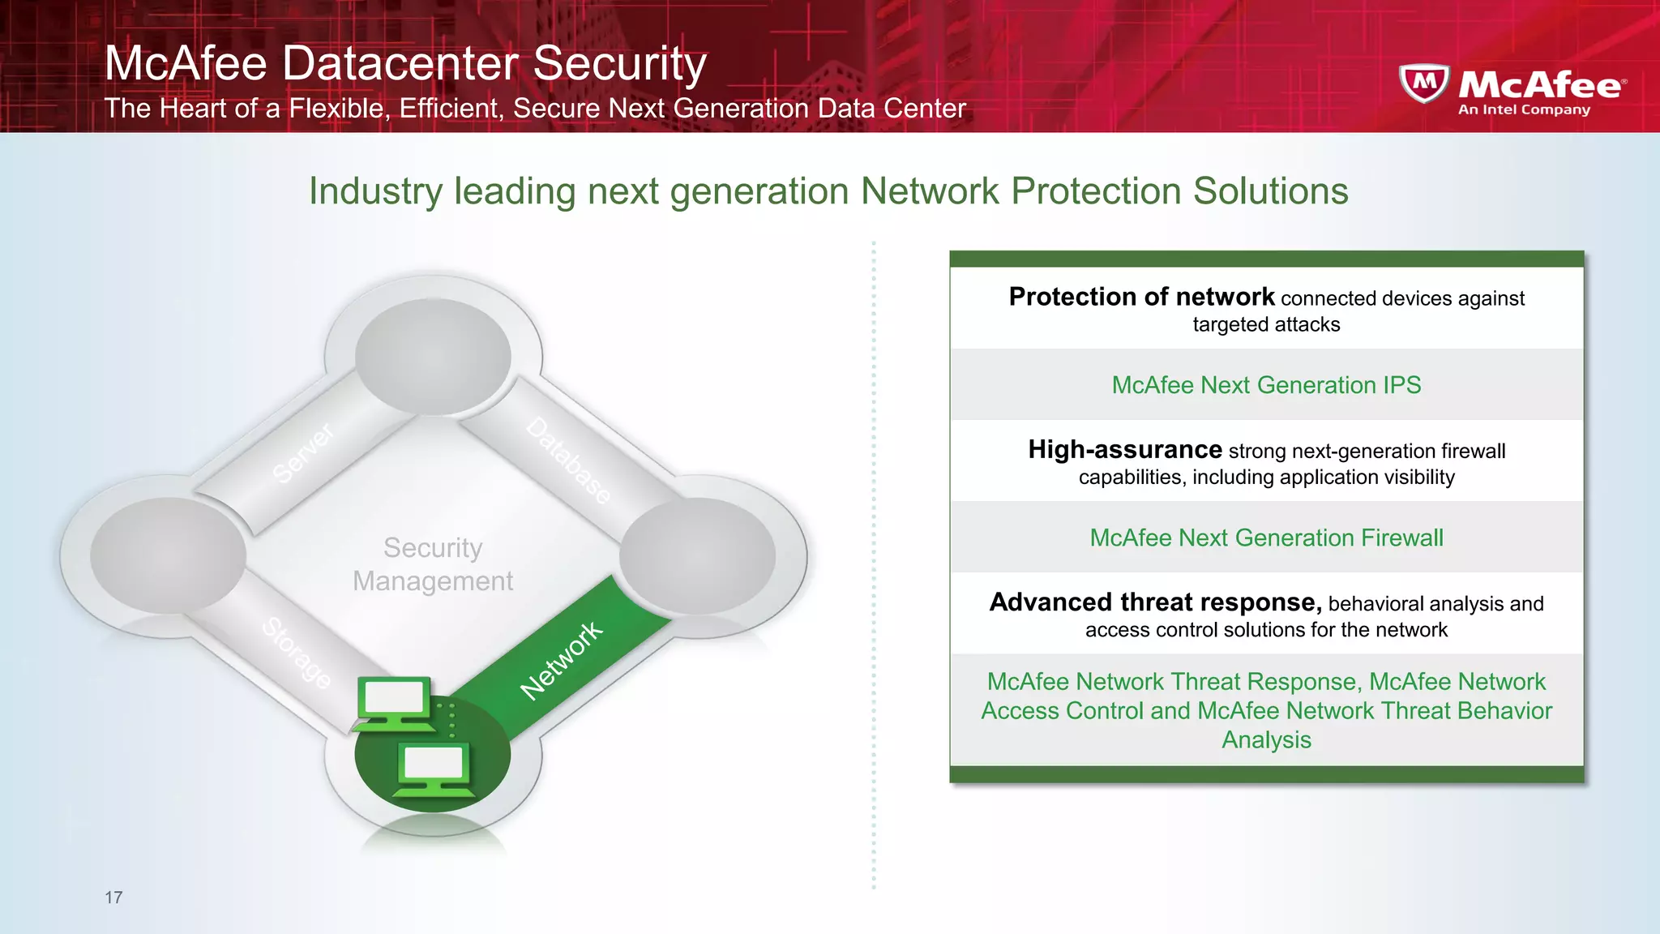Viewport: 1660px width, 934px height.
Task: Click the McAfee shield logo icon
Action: (1424, 84)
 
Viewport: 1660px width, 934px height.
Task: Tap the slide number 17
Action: (113, 898)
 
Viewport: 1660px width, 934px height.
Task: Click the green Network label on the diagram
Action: (561, 660)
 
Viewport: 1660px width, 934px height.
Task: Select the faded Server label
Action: (303, 454)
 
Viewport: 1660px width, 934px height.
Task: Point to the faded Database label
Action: (569, 461)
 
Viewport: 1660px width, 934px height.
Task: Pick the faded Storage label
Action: (297, 653)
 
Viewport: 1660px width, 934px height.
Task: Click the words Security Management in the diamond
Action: (433, 564)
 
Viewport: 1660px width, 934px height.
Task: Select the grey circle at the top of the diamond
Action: (433, 357)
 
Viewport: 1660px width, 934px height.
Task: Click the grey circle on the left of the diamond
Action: (168, 555)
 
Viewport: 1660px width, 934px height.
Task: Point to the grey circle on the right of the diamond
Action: (697, 555)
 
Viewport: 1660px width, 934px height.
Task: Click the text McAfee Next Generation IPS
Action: (1266, 385)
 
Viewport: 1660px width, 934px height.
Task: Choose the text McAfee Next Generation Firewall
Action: (1266, 538)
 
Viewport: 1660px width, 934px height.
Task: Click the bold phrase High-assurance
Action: (1125, 449)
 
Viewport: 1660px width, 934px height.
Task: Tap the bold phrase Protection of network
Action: (1141, 297)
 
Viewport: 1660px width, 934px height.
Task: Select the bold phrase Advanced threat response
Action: (1155, 602)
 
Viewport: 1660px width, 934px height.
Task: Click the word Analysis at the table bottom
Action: (1266, 740)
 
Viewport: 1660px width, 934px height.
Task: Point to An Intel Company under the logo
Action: (1524, 109)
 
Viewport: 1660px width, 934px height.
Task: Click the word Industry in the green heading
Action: (374, 192)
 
